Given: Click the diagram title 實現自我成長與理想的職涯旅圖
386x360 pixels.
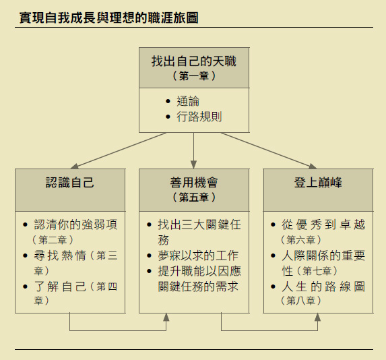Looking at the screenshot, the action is click(109, 18).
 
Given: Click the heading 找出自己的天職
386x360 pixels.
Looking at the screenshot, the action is click(194, 61).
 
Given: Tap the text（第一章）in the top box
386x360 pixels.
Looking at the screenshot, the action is click(194, 76).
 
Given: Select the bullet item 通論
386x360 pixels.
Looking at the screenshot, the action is click(188, 101).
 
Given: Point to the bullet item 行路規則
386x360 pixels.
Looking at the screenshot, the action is click(199, 117).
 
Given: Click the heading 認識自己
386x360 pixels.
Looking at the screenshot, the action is click(70, 182).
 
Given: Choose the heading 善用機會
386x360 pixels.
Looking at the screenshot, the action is click(194, 182).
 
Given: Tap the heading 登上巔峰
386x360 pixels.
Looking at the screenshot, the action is click(318, 182).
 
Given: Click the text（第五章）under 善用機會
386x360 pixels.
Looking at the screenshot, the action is click(194, 197).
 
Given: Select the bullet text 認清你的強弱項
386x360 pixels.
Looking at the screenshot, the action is click(75, 224).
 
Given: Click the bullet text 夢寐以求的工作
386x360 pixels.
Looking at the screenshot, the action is click(198, 256).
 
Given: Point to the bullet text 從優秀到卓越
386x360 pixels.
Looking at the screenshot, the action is click(323, 224).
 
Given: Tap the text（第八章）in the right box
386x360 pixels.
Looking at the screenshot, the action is click(301, 301).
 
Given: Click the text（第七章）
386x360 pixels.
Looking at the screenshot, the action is click(317, 271).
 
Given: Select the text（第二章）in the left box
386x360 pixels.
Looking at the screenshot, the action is click(53, 240).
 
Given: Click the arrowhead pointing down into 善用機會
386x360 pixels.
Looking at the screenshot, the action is click(194, 164).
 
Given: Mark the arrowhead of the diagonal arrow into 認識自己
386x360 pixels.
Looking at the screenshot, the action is click(75, 166).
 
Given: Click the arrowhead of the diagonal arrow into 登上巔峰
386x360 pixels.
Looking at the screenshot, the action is click(313, 166).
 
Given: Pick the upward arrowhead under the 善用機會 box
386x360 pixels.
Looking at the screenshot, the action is click(166, 318).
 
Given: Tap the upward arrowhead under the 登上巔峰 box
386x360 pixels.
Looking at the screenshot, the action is click(317, 318).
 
